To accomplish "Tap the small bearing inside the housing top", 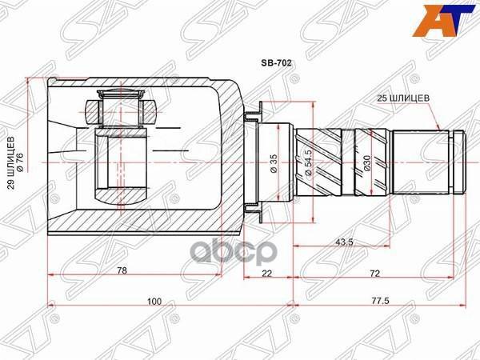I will pyautogui.click(x=120, y=107).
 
